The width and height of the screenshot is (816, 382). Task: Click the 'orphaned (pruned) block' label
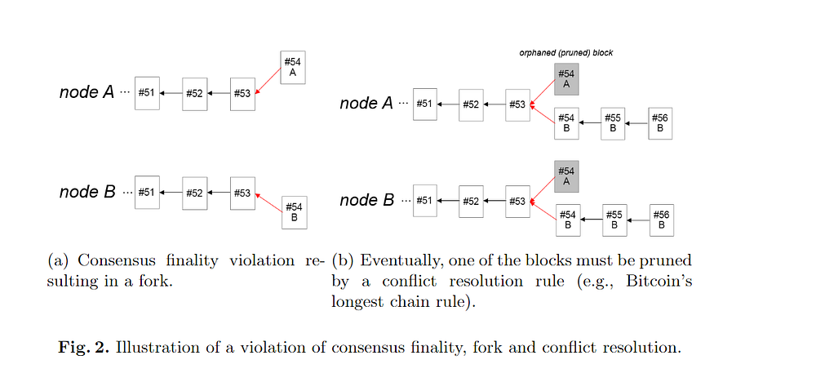click(566, 53)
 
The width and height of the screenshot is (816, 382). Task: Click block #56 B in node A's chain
click(661, 123)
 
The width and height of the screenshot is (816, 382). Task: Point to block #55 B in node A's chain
click(614, 123)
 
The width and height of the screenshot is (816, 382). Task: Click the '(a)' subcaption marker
click(60, 261)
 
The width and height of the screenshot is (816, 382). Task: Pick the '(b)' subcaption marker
click(343, 261)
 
